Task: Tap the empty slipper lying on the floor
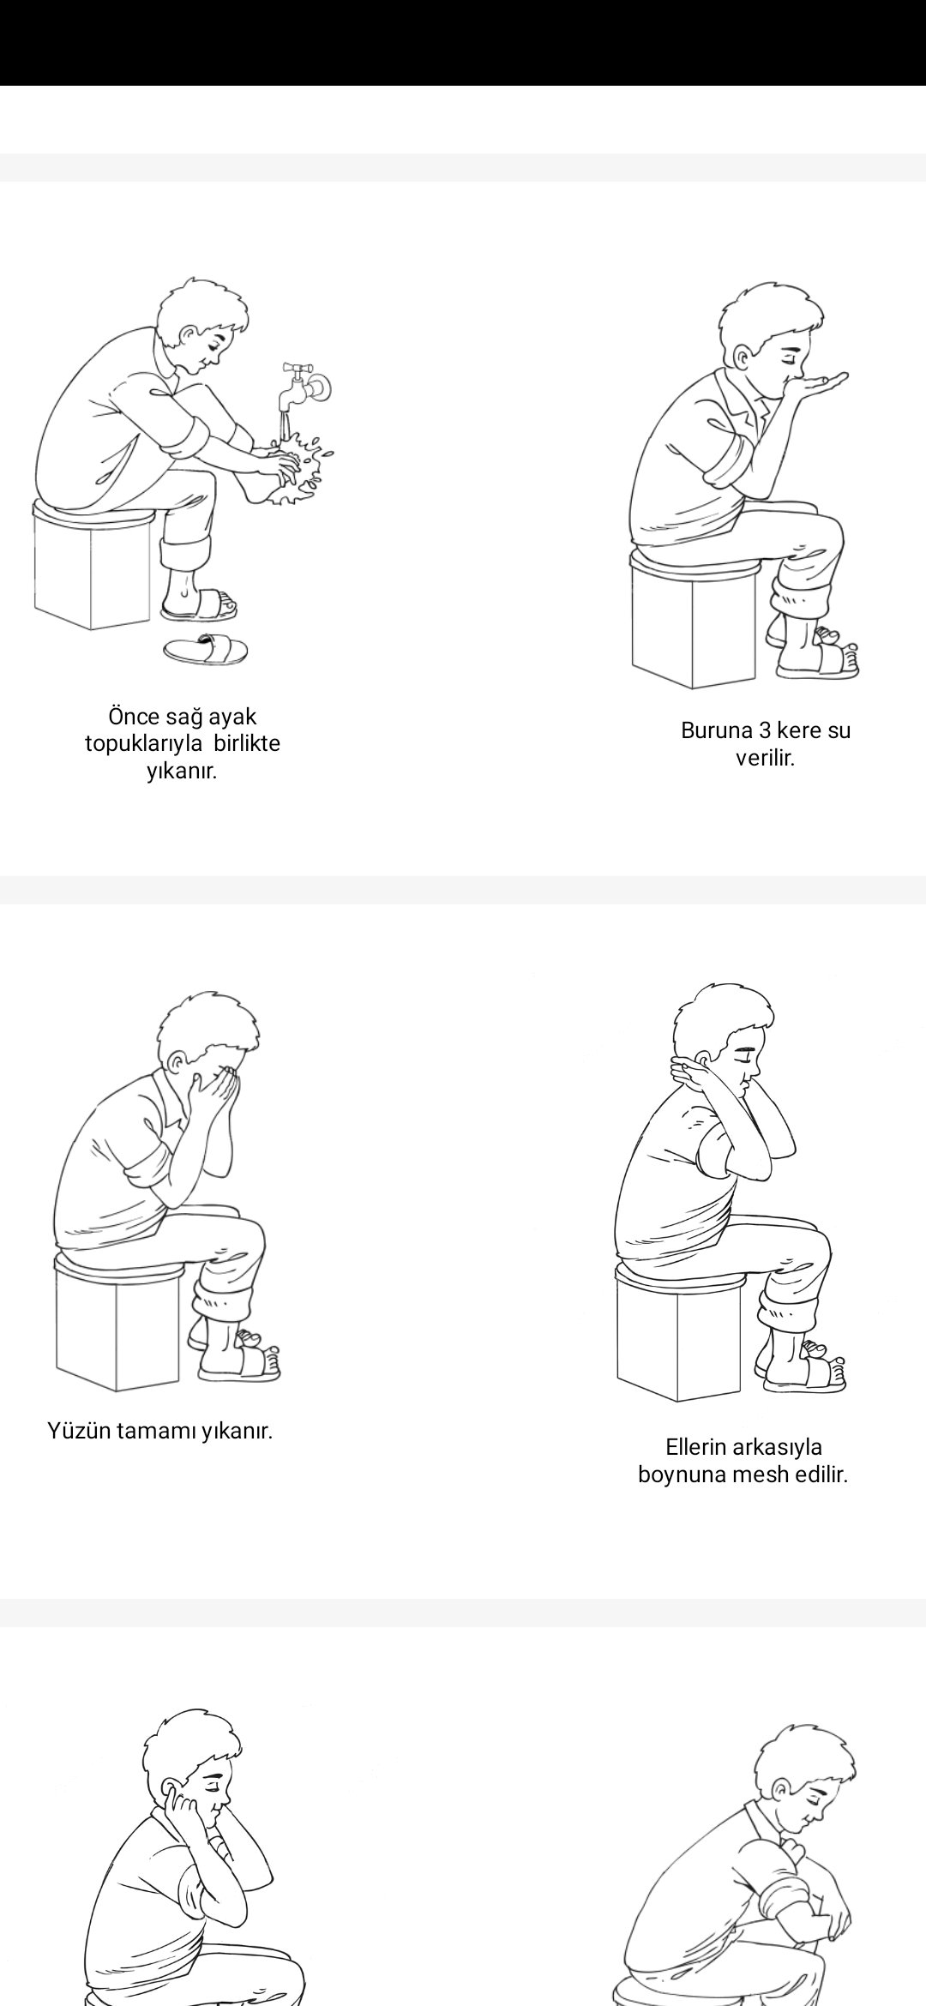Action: click(206, 651)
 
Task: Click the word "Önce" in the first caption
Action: click(133, 717)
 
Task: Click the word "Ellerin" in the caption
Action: click(695, 1447)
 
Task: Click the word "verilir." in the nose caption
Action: click(765, 759)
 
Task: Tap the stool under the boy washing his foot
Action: click(93, 566)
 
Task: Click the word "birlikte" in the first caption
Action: click(247, 744)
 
